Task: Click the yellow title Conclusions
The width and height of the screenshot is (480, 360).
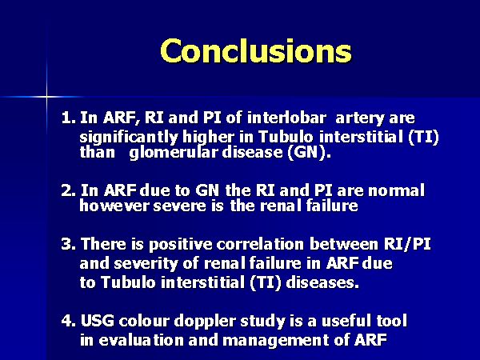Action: (256, 51)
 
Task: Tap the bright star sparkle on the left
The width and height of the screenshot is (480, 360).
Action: (47, 97)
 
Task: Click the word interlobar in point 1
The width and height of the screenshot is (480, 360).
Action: (286, 118)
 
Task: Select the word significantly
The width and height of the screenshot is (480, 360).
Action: (129, 138)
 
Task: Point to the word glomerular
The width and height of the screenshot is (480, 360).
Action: (174, 153)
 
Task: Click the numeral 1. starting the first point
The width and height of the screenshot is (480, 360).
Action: (68, 118)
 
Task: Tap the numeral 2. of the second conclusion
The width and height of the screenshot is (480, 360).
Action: (68, 190)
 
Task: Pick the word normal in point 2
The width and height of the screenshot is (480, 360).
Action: (397, 190)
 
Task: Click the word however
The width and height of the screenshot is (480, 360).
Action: (114, 206)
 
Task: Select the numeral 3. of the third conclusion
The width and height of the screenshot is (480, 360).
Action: (68, 244)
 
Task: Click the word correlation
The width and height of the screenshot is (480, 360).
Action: (260, 244)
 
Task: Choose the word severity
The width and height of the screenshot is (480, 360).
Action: (146, 264)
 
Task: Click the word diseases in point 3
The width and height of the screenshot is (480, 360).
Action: (322, 282)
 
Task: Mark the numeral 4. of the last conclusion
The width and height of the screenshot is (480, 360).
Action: (68, 321)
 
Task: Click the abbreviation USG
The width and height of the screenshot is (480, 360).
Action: (98, 321)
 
